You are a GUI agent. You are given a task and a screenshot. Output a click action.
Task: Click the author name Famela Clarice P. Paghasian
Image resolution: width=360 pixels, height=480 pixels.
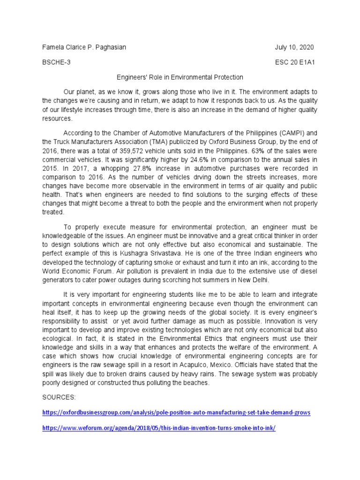84,48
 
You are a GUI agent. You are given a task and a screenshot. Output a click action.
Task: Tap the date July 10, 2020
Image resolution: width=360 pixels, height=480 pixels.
294,48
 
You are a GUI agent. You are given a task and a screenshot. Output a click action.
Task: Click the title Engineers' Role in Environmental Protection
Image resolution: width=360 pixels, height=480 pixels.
180,77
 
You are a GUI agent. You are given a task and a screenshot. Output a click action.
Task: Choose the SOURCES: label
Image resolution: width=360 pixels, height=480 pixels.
59,397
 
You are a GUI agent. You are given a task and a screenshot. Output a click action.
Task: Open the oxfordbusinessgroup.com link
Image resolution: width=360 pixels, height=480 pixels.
176,413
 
